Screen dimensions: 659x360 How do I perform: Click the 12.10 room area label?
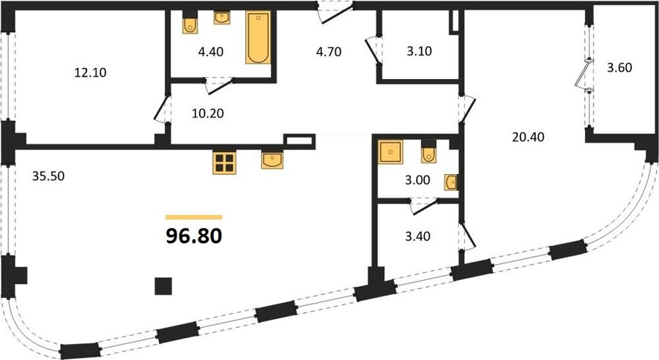90,72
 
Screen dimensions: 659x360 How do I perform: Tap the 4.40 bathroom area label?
211,52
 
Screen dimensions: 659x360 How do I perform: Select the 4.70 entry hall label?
329,52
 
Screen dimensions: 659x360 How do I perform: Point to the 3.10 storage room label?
420,51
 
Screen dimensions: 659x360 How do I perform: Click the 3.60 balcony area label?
619,67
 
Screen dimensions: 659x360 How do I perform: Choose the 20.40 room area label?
528,137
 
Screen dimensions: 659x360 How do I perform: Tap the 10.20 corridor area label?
208,113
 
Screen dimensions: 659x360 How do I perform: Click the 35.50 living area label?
48,176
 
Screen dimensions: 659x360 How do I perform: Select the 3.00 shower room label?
417,180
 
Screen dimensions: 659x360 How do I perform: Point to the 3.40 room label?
417,236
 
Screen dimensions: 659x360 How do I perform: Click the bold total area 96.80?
194,236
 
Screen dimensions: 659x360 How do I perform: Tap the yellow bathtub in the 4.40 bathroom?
258,38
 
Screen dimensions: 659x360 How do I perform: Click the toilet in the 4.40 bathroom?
190,25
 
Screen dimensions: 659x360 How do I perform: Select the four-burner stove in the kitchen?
224,162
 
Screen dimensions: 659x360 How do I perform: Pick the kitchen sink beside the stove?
272,160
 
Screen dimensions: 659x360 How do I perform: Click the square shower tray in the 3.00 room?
391,151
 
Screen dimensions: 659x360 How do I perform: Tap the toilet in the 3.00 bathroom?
428,154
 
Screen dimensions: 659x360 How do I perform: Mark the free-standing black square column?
163,286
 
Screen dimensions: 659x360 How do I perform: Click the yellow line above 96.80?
194,217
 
